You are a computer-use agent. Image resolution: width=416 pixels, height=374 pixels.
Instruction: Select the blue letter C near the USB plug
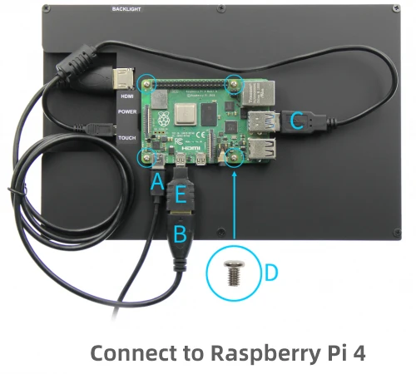[x=295, y=121]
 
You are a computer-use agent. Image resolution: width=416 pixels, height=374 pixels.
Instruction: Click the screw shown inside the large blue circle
[x=234, y=270]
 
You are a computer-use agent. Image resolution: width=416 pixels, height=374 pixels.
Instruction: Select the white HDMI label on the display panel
[x=126, y=95]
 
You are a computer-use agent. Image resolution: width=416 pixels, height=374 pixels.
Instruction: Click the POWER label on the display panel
[x=126, y=111]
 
